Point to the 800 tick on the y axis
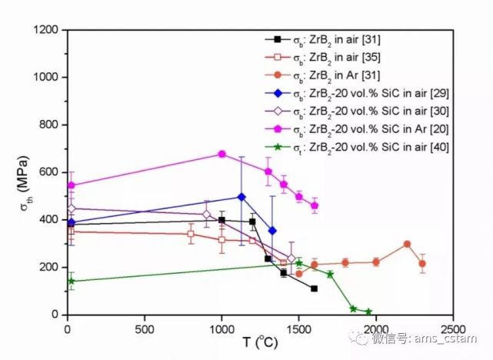pyautogui.click(x=51, y=125)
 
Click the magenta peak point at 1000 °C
pyautogui.click(x=222, y=154)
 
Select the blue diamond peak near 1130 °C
pyautogui.click(x=242, y=196)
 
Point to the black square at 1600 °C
pyautogui.click(x=314, y=288)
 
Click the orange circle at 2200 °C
pyautogui.click(x=407, y=244)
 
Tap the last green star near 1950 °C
pyautogui.click(x=368, y=312)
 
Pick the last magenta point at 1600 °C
pyautogui.click(x=314, y=205)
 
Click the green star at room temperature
pyautogui.click(x=72, y=281)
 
